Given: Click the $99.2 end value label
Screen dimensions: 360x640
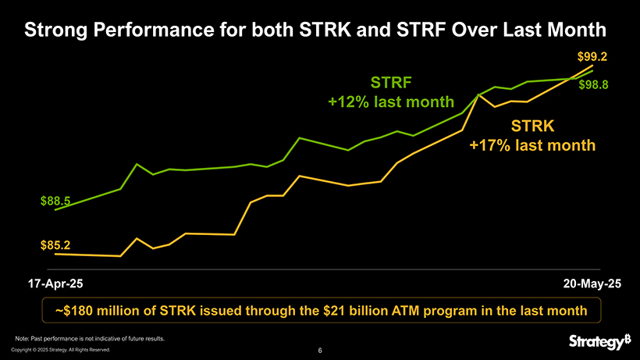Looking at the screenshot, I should pos(592,56).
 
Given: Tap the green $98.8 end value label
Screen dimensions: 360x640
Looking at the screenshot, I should pos(594,84).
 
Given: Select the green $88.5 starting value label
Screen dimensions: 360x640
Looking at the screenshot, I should pos(55,201).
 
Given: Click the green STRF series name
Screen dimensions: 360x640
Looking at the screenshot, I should pos(390,83).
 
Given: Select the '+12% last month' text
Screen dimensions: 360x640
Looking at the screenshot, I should pos(390,102).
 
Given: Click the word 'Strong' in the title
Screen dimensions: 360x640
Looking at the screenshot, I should pos(55,31).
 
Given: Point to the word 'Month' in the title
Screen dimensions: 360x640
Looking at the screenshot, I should pos(577,31).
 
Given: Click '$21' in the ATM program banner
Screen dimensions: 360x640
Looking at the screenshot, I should pos(336,311).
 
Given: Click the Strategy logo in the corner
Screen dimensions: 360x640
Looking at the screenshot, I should pos(599,342).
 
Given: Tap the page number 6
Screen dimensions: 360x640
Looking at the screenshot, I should pos(321,351).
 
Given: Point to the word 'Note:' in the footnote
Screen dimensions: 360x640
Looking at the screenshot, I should pos(23,338).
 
